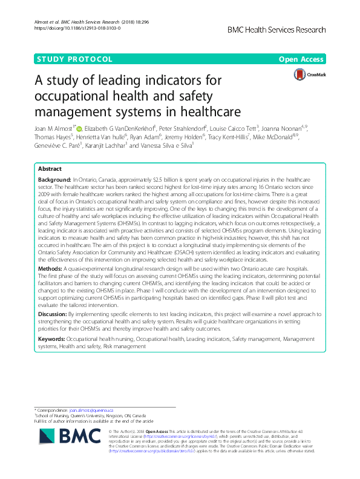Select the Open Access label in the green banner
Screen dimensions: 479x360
point(301,59)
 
